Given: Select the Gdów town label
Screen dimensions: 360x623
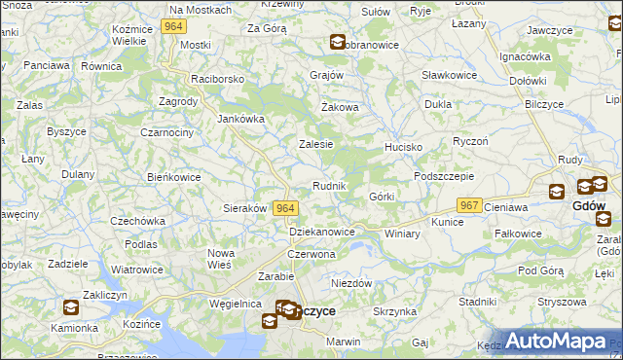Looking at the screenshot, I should pos(589,206).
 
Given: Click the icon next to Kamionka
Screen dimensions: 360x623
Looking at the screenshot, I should pos(71,308).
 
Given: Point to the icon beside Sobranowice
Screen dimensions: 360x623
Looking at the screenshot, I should pos(337,42).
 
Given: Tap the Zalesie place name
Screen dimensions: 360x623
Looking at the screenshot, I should pos(315,144).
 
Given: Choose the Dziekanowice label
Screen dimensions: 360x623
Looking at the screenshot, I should pos(322,233).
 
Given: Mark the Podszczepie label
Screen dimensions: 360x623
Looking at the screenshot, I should pos(443,176).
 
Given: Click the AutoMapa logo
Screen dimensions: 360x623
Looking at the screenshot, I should pos(556,342).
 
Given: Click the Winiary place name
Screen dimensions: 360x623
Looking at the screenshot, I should pos(402,234).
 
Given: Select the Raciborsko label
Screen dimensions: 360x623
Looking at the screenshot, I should pos(218,78).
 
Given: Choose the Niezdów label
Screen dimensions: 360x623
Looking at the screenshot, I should pos(351,283).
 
